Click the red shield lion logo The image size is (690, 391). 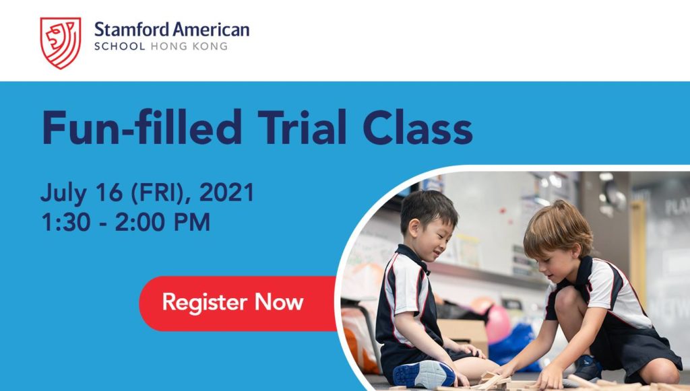(61, 43)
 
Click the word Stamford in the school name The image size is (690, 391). (131, 30)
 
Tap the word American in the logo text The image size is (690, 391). (211, 30)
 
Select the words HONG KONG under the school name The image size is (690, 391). (189, 46)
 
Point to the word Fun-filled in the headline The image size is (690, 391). (142, 127)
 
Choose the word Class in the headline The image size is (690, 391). (418, 127)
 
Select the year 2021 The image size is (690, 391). (227, 192)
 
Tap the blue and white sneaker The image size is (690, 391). (425, 374)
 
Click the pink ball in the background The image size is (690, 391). (498, 324)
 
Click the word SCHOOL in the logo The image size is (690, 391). (120, 46)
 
